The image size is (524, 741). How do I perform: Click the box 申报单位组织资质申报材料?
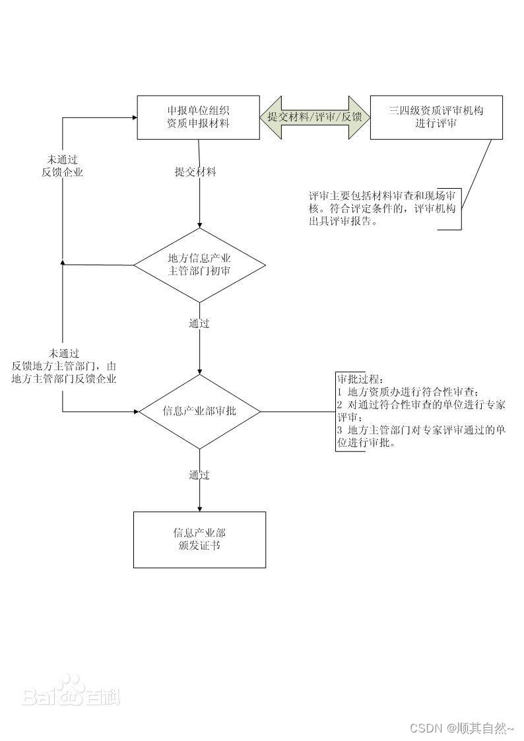point(198,117)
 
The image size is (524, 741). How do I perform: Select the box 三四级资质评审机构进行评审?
point(436,117)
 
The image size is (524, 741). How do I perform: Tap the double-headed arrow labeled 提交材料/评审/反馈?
point(315,117)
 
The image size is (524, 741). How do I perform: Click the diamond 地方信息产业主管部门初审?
point(199,265)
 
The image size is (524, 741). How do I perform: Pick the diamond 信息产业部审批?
point(199,412)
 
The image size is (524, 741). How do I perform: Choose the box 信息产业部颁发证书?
point(199,539)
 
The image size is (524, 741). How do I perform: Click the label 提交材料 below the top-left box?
point(195,172)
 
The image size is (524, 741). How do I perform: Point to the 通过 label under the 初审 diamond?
point(199,323)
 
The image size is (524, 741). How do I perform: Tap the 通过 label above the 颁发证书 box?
point(199,474)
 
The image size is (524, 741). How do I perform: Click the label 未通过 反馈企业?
point(63,166)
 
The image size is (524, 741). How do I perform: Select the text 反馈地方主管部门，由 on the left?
point(64,366)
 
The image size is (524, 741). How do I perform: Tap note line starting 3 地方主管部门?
point(421,430)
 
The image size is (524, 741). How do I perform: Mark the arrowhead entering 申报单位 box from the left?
point(133,117)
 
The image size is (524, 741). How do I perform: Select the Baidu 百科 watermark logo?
point(71,692)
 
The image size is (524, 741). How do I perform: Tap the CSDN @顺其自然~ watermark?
point(461,728)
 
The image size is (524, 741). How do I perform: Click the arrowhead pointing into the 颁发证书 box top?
point(199,507)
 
